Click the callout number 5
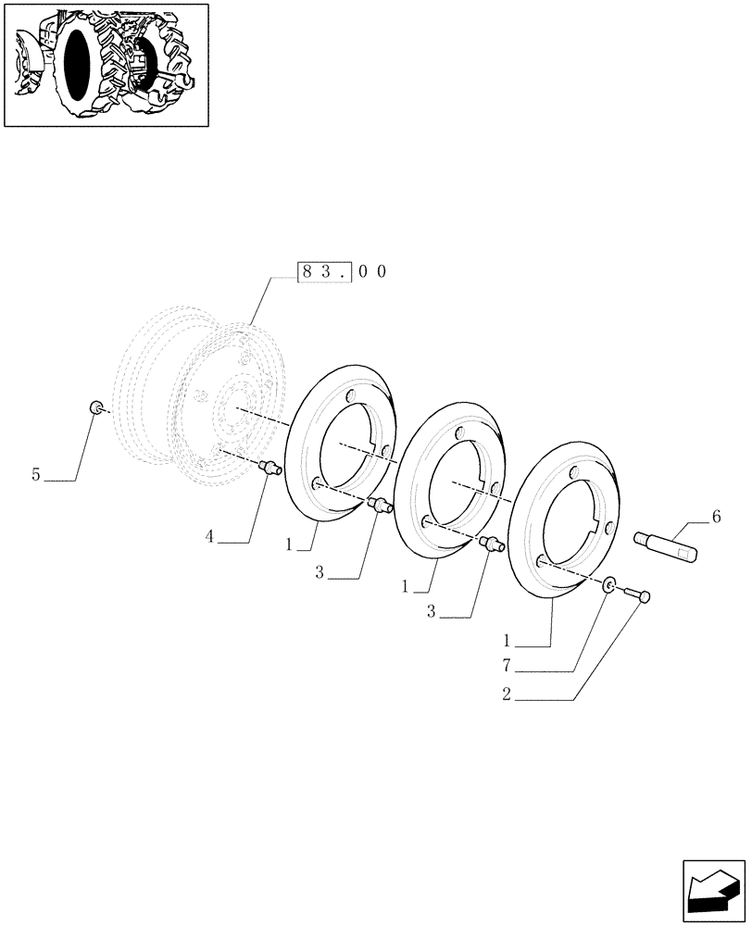click(36, 475)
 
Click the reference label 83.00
click(341, 272)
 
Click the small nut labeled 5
click(95, 407)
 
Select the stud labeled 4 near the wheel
click(269, 468)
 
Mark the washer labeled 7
click(608, 585)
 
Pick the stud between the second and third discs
click(492, 544)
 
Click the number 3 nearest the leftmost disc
click(319, 573)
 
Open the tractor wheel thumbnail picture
click(107, 65)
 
